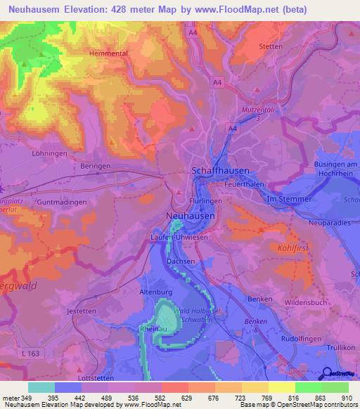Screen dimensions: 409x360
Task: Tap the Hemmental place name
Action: [x=109, y=53]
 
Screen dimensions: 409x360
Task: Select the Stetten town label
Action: [x=271, y=47]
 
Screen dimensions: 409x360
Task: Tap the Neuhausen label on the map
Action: [x=191, y=216]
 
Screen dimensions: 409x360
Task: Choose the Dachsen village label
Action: [x=181, y=261]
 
